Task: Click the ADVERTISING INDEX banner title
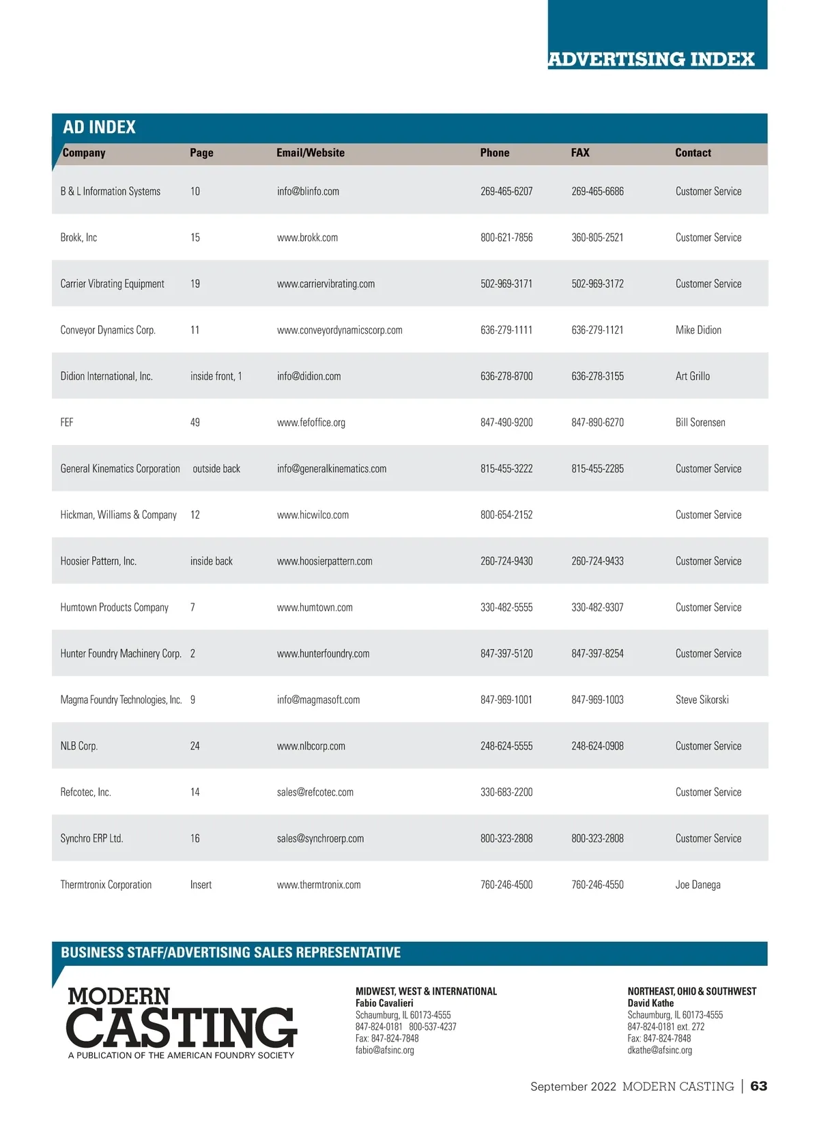tap(651, 59)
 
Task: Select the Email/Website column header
tap(311, 153)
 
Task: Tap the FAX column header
tap(580, 153)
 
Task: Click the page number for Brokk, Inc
tap(195, 238)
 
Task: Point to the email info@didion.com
tap(308, 376)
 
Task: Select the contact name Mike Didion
tap(698, 330)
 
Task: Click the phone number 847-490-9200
tap(506, 423)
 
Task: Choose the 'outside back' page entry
tap(216, 469)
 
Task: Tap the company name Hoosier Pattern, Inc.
tap(98, 561)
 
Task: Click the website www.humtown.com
tap(315, 607)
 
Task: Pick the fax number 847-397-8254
tap(597, 654)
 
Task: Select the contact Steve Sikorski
tap(702, 700)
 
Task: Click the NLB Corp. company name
tap(79, 746)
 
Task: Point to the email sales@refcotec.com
tap(315, 792)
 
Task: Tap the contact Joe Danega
tap(698, 885)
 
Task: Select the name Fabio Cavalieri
tap(384, 1003)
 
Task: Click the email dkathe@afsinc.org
tap(659, 1050)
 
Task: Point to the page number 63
tap(758, 1086)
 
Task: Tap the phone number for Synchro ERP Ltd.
tap(506, 838)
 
